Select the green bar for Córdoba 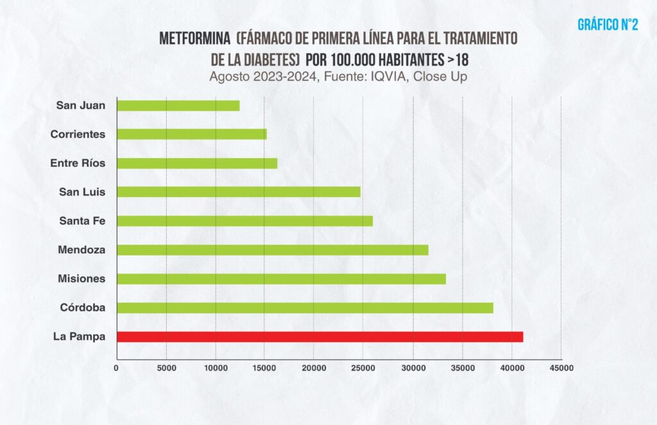click(305, 308)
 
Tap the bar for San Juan click(178, 106)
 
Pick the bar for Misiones click(281, 279)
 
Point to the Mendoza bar click(272, 250)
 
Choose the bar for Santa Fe click(244, 221)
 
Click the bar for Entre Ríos click(197, 164)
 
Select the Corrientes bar click(191, 135)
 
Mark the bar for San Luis click(238, 192)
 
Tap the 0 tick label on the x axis click(116, 369)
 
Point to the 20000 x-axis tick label click(314, 369)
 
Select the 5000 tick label click(166, 369)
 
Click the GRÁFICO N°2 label click(608, 25)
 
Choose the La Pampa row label click(80, 336)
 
